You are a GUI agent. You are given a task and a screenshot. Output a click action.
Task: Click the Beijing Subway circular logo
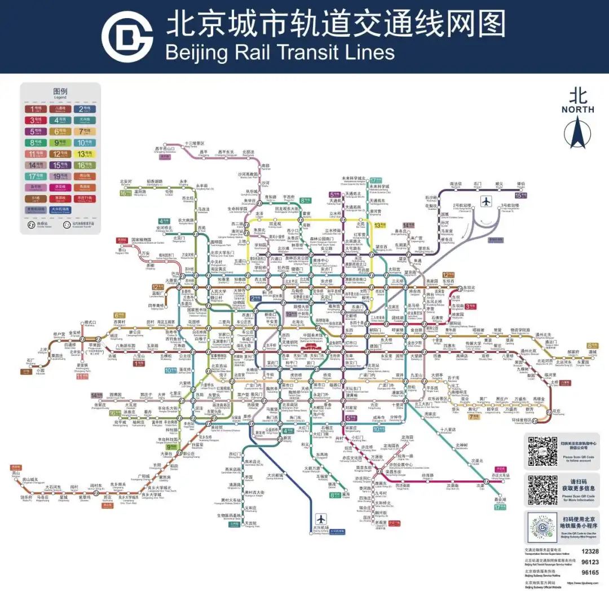[x=127, y=37]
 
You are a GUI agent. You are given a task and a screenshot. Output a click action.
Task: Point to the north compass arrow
[x=577, y=130]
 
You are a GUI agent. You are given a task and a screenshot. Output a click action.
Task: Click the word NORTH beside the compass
[x=577, y=109]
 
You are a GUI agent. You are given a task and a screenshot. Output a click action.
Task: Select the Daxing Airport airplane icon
[x=321, y=518]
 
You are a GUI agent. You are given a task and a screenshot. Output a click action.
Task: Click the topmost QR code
[x=542, y=451]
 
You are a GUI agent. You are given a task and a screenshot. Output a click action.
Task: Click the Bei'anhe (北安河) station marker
[x=126, y=186]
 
